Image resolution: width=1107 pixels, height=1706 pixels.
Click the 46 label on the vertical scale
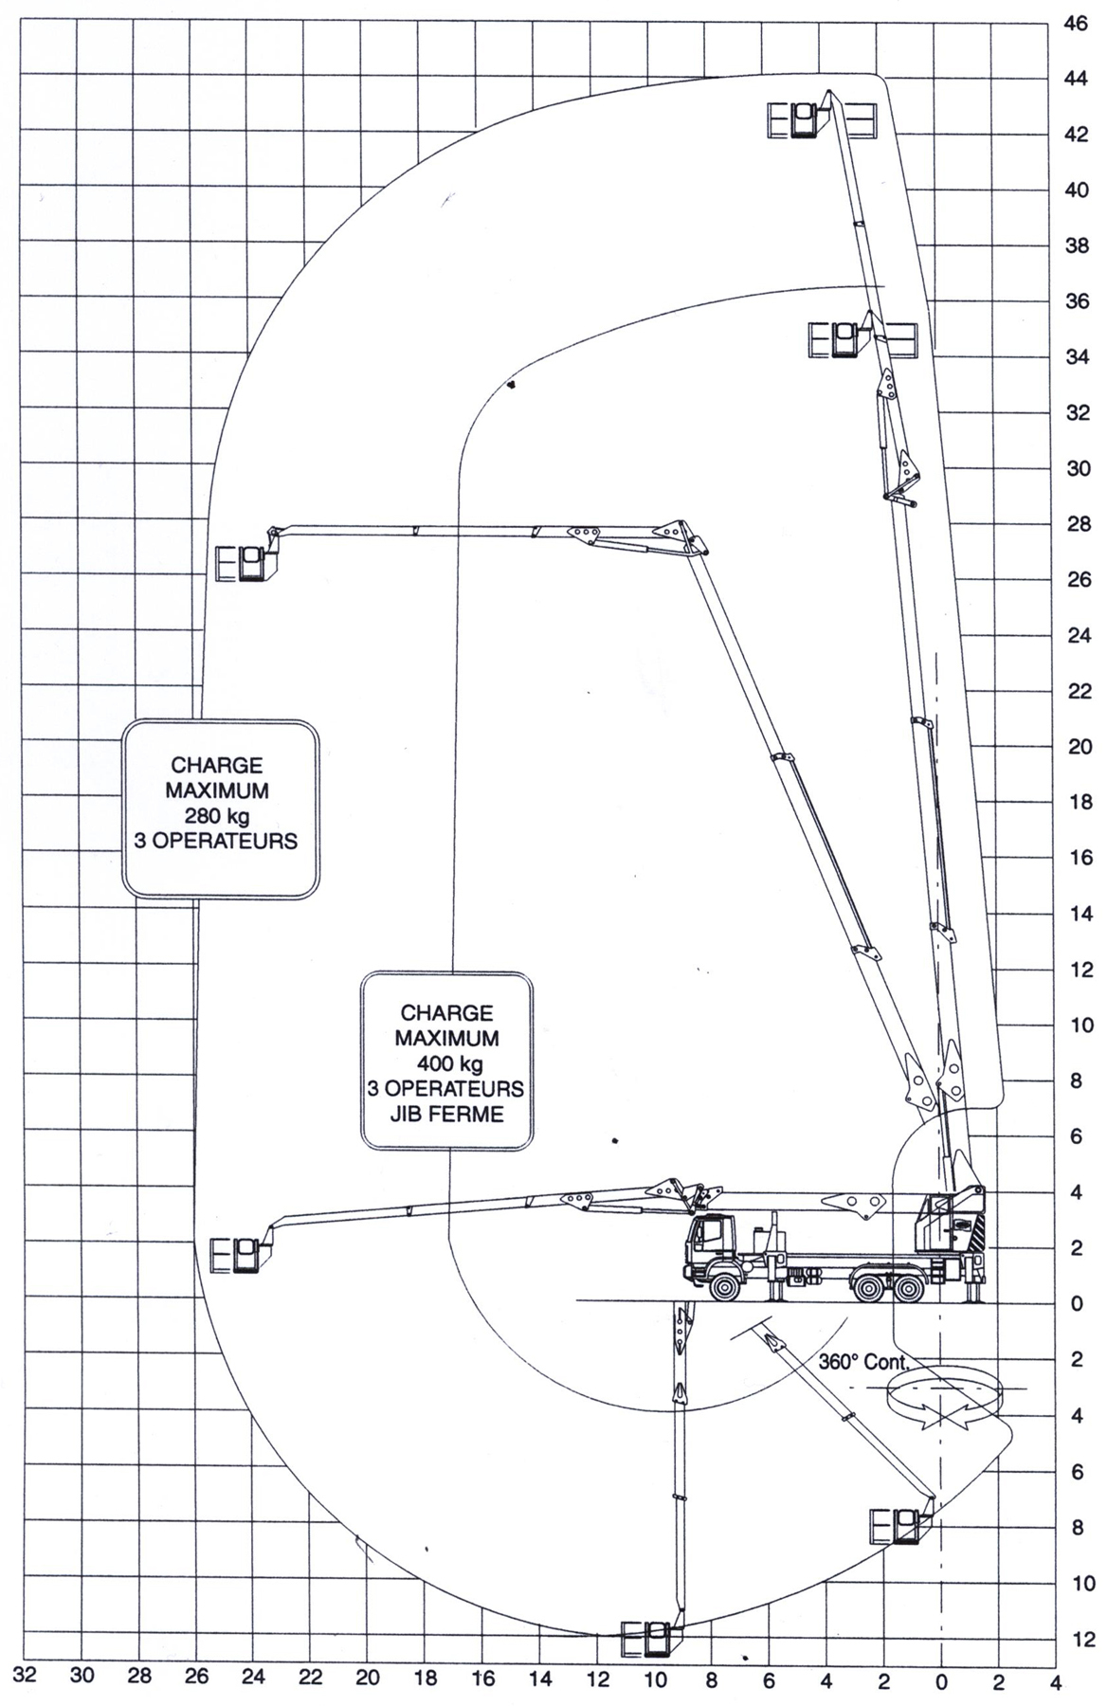pos(1076,22)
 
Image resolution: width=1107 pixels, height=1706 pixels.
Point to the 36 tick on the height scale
pos(1076,301)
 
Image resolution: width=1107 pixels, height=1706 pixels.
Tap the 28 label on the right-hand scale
pos(1076,524)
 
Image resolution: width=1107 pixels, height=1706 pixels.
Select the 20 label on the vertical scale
pos(1076,747)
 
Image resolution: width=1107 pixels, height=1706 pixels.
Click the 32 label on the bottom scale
pos(26,1676)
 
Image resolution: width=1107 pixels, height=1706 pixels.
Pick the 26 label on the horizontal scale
pos(196,1678)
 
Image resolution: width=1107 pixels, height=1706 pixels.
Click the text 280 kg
pos(217,815)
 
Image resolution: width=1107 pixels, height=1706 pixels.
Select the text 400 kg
pos(446,1063)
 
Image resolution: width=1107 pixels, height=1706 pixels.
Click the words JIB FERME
pos(446,1114)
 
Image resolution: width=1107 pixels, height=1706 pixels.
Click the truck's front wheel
pos(726,1287)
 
